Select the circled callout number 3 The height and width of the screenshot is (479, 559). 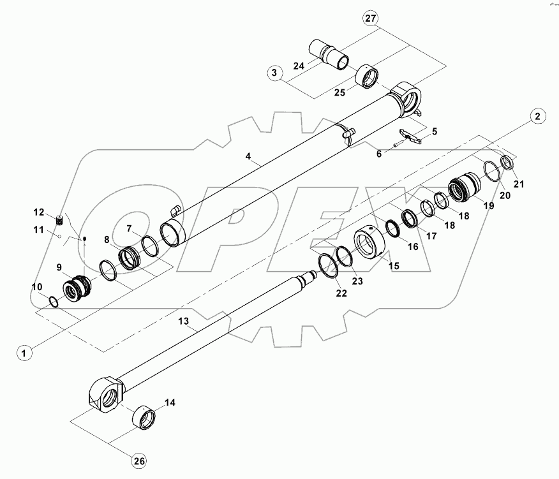pos(274,73)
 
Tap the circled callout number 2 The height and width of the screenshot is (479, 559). pos(538,116)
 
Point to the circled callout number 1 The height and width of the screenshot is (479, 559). pos(24,352)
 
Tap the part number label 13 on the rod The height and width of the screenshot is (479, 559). pos(184,322)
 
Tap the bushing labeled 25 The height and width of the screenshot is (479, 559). pos(369,77)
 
